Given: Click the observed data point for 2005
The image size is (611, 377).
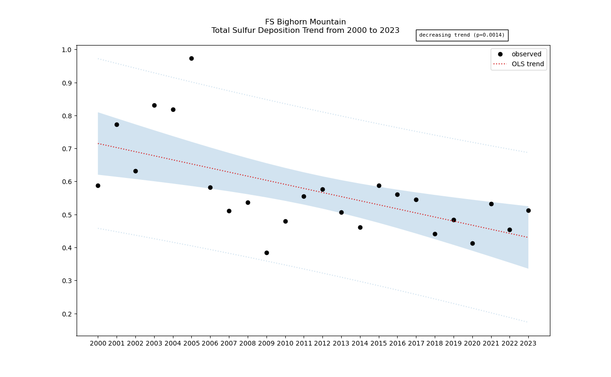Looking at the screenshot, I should (x=191, y=58).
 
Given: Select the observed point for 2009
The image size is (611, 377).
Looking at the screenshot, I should (x=266, y=253).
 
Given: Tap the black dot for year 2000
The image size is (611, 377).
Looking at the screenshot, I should (x=98, y=185).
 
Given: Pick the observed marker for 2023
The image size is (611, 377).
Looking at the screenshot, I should (x=528, y=210).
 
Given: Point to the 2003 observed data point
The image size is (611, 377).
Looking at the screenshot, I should (x=154, y=105).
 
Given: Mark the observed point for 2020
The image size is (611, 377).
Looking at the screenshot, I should (x=472, y=243).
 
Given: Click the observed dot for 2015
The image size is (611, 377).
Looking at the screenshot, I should (x=379, y=185).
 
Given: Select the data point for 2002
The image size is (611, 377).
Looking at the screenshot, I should (x=135, y=171).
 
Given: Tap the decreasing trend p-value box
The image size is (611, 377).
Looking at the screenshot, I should (x=462, y=35).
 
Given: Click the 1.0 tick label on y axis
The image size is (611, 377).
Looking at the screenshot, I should (x=67, y=50).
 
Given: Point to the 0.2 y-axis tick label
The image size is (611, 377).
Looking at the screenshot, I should (x=67, y=314).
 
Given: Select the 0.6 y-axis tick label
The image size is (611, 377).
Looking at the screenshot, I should (x=67, y=182).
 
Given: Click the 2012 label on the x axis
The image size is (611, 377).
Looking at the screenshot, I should (x=322, y=344).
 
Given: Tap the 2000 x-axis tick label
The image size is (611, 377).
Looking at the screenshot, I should (x=98, y=344).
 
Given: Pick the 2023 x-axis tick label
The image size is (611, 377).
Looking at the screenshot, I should (x=528, y=344).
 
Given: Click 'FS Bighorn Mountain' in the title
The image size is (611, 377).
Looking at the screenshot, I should (x=305, y=22).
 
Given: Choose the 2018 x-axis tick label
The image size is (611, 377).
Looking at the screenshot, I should (x=435, y=344).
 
